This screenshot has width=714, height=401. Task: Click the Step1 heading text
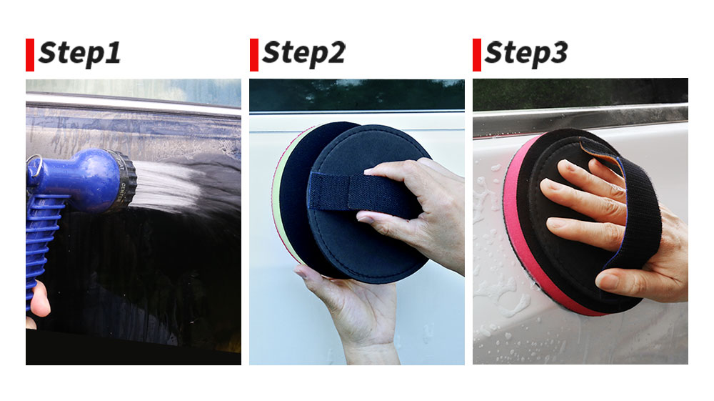coord(80,54)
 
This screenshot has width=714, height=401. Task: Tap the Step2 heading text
coord(303,54)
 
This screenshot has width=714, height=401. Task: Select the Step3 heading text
coord(526,54)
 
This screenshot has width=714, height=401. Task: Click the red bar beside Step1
coord(30,55)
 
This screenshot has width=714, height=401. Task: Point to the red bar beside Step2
coord(254,55)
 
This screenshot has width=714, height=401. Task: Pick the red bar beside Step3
coord(477,55)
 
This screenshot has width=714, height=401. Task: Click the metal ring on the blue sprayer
coord(34,162)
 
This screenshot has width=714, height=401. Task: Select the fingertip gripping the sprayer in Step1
coord(39,299)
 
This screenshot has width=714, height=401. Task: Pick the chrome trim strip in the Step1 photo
coord(133,104)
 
